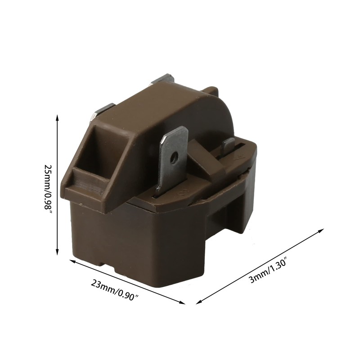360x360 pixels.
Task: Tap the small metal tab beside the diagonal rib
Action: click(229, 145)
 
